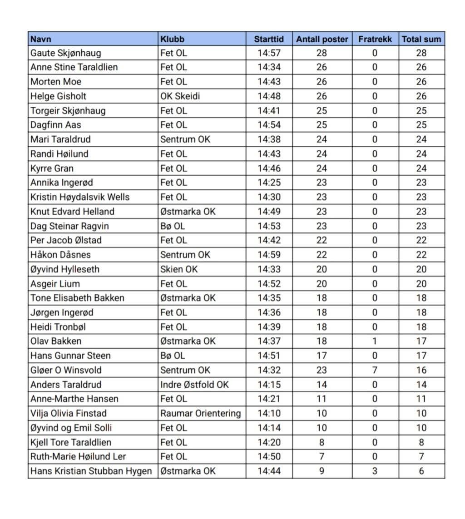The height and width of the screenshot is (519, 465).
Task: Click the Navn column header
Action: click(41, 39)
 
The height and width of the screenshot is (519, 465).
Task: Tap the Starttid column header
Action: click(269, 39)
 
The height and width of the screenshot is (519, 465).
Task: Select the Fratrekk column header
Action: click(375, 39)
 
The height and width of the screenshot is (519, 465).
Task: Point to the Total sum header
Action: click(421, 39)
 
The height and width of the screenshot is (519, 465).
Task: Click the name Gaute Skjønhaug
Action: click(66, 53)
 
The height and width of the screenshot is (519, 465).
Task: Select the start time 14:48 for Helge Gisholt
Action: click(269, 96)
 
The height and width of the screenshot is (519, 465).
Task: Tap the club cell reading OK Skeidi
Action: click(180, 96)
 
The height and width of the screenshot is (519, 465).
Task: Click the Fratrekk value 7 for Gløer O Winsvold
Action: click(375, 370)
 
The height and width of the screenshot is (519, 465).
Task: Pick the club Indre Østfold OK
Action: click(194, 385)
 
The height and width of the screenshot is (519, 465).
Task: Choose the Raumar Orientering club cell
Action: click(200, 414)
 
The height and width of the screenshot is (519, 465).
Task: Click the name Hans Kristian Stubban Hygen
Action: click(91, 471)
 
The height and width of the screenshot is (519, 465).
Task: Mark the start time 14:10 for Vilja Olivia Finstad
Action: click(269, 414)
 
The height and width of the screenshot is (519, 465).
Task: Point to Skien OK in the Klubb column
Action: click(179, 269)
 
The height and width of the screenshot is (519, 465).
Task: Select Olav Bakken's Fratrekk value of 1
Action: click(375, 341)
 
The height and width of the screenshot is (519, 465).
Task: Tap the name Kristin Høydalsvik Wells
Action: click(80, 197)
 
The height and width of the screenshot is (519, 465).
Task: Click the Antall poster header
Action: click(322, 39)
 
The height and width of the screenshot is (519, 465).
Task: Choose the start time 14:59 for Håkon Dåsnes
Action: click(269, 255)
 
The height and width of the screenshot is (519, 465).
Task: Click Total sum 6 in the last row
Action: click(421, 471)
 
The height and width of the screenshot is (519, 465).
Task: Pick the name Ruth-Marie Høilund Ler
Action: click(78, 457)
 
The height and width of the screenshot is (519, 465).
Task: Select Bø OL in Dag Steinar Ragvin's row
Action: click(173, 226)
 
